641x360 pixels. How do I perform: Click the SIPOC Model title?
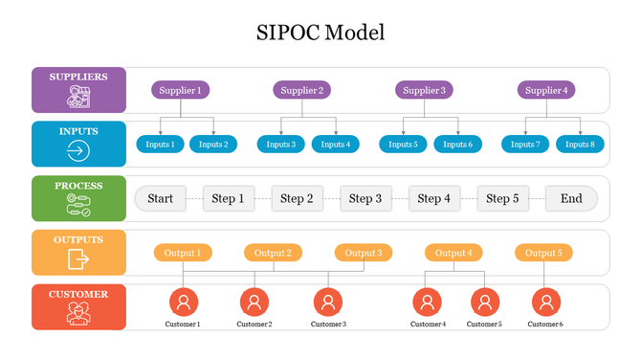[x=320, y=33]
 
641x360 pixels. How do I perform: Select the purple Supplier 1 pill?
[x=180, y=91]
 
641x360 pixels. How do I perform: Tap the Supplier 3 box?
[x=424, y=91]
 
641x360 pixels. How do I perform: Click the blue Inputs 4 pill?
[x=335, y=145]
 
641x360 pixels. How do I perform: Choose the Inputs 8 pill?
[x=579, y=145]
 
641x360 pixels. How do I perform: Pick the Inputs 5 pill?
[x=403, y=145]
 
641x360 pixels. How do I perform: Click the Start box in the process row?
[x=161, y=199]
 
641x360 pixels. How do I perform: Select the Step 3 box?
[x=365, y=199]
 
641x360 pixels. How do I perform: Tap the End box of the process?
[x=571, y=199]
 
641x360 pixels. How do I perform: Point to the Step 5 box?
[x=502, y=199]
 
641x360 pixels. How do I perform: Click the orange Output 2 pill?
[x=274, y=253]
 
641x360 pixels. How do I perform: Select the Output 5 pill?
[x=544, y=253]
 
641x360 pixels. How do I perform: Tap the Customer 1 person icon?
[x=184, y=303]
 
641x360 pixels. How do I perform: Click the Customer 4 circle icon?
[x=428, y=303]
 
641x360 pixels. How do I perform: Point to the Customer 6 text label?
[x=544, y=325]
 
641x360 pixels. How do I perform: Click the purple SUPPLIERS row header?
[x=78, y=88]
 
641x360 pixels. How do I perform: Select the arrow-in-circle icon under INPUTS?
[x=78, y=150]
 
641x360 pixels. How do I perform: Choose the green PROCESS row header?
[x=78, y=198]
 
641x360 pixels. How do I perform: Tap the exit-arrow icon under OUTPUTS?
[x=78, y=259]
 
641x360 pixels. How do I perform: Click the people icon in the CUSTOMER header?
[x=78, y=313]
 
